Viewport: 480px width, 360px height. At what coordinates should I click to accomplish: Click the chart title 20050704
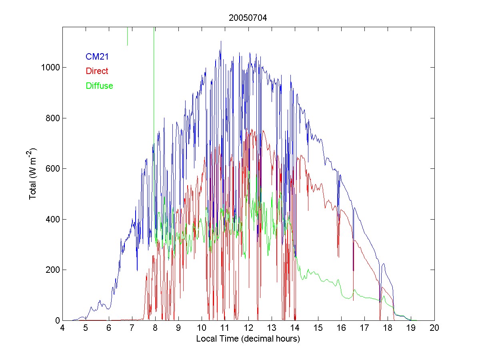248,18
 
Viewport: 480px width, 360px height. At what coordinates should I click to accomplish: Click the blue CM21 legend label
97,57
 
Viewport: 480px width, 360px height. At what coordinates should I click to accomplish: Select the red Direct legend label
97,71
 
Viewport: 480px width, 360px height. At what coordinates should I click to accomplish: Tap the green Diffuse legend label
99,86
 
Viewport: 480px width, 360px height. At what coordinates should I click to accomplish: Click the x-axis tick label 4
62,328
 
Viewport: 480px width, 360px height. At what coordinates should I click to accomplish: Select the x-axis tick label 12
248,328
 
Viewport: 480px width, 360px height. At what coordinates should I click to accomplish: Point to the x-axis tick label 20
434,328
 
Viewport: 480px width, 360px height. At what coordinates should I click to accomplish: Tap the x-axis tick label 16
341,328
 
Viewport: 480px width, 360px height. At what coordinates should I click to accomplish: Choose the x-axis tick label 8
155,328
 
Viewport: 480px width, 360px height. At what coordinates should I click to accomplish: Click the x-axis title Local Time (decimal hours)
248,339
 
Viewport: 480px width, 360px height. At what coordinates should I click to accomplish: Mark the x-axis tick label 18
388,328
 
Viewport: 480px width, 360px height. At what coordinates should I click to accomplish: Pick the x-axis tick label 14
295,328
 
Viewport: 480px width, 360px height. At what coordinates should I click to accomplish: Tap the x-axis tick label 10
202,328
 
